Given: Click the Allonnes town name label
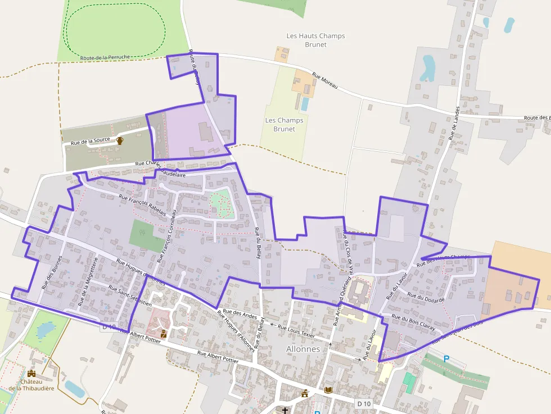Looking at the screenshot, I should click(x=303, y=349).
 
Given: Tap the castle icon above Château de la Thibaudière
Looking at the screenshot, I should click(x=31, y=374).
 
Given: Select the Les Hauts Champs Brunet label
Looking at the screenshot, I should click(x=315, y=40).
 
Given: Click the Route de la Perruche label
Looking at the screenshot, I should click(x=105, y=57).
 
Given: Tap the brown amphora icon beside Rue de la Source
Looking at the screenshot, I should click(x=120, y=141).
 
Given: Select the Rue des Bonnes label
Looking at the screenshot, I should click(x=52, y=272).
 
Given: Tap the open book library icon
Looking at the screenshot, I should click(x=328, y=390).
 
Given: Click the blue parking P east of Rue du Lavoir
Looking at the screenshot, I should click(x=446, y=358).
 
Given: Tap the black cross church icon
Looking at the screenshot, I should click(x=285, y=411).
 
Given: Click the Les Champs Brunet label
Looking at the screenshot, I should click(x=284, y=124).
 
